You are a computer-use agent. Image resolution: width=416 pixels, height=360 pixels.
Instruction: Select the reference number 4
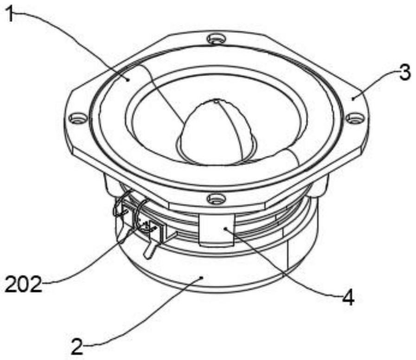click(x=348, y=297)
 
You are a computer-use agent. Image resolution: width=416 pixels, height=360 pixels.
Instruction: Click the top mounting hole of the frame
click(x=216, y=39)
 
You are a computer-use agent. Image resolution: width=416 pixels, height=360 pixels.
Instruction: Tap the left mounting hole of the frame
click(x=78, y=118)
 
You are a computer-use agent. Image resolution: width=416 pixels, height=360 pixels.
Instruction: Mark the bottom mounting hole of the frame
click(x=216, y=199)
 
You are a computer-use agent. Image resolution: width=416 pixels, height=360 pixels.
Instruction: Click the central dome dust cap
click(x=216, y=135)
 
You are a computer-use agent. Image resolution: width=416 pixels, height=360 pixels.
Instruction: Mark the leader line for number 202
click(x=83, y=269)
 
